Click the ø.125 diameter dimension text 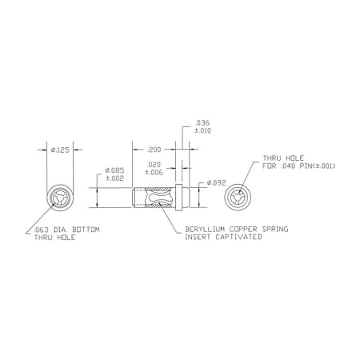[x=60, y=150]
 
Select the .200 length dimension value [x=154, y=150]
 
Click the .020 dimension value [x=154, y=166]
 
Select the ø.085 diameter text [x=114, y=171]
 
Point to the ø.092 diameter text [x=217, y=183]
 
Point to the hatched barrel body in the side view [x=156, y=197]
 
